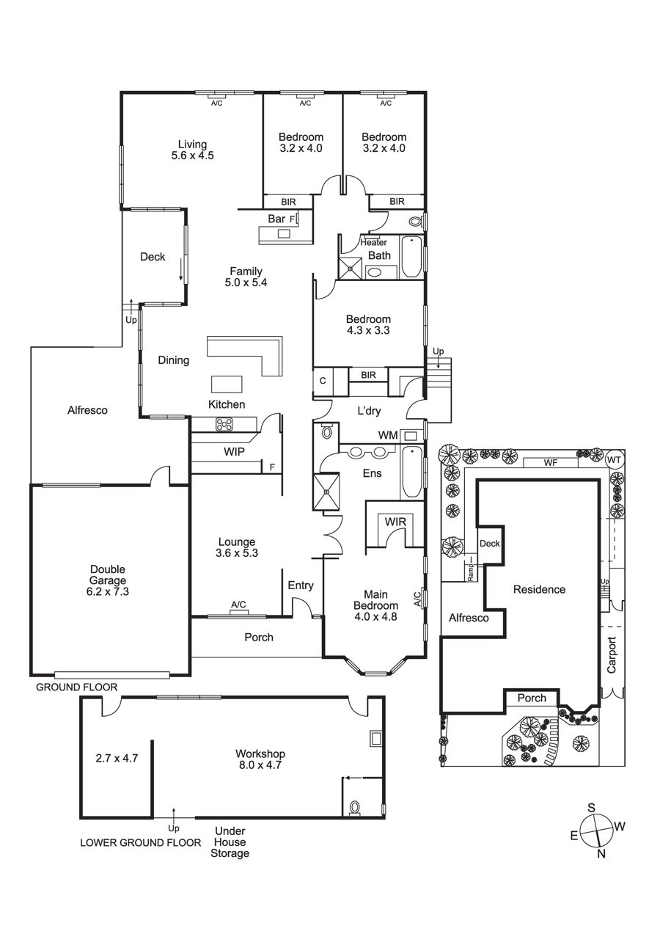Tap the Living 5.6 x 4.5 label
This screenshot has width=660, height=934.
[x=192, y=150]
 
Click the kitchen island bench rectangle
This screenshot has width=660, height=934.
[x=226, y=384]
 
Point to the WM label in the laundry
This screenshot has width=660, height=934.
[x=388, y=436]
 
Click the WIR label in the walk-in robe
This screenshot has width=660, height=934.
[x=395, y=521]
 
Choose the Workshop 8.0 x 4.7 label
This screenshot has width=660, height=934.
[x=260, y=759]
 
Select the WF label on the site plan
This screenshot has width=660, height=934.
[x=551, y=463]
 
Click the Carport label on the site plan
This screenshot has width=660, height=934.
[x=612, y=655]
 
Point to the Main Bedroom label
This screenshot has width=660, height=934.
[x=375, y=601]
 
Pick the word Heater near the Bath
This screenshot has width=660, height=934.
[x=373, y=242]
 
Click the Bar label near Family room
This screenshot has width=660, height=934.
[x=276, y=219]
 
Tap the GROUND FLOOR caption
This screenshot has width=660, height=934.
[x=77, y=687]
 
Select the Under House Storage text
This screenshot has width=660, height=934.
[x=230, y=842]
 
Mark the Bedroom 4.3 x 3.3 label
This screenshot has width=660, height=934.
[x=368, y=325]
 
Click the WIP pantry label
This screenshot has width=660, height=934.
[x=234, y=453]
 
